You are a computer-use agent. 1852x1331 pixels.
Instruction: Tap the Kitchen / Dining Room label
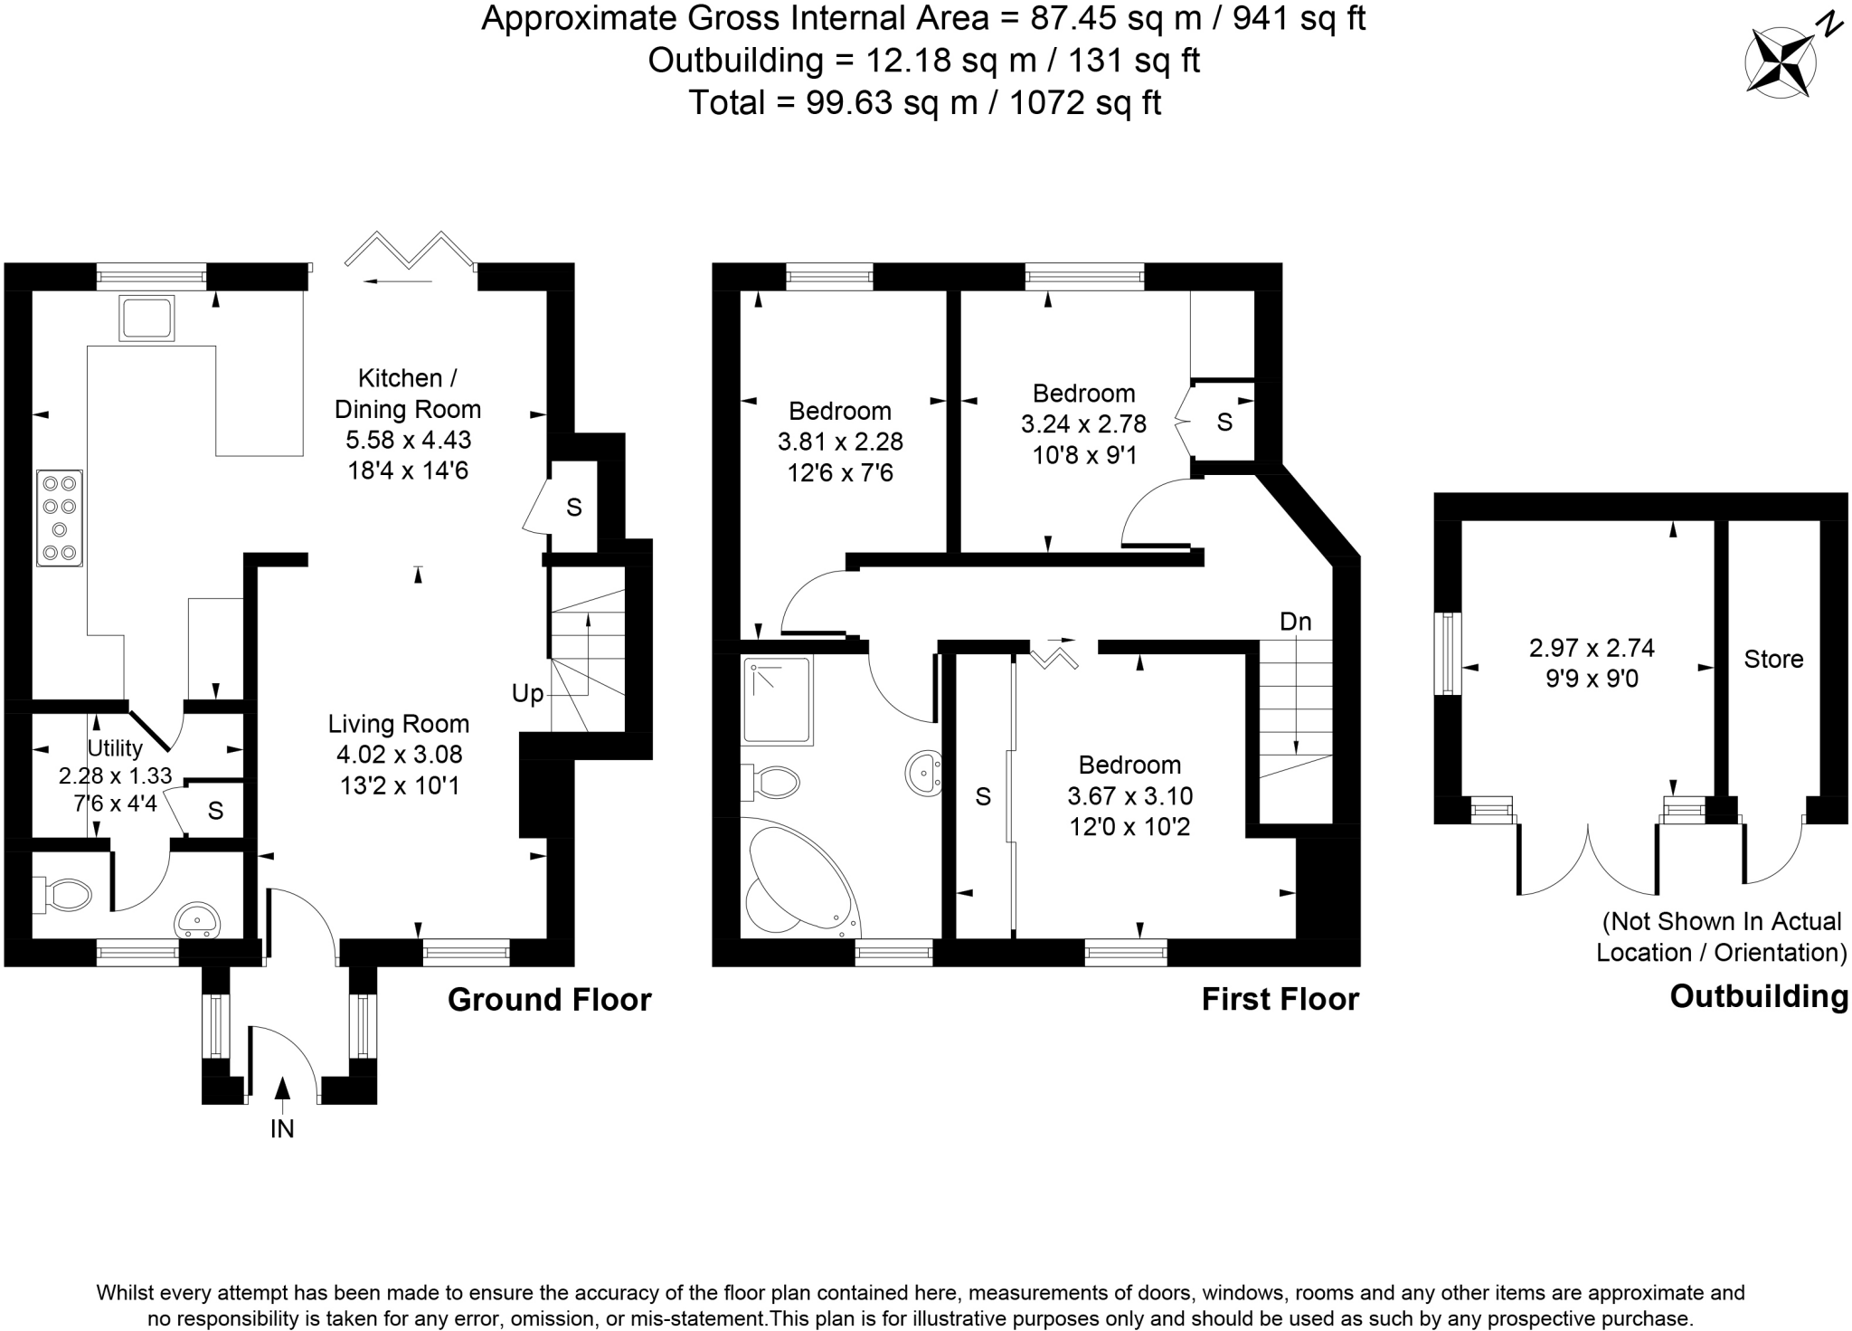click(407, 394)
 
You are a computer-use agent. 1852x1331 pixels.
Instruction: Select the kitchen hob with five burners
click(60, 518)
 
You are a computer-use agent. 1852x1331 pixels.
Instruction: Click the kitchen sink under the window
click(146, 318)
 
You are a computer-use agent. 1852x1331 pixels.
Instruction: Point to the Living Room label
click(399, 724)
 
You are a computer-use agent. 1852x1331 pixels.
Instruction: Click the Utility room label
click(115, 748)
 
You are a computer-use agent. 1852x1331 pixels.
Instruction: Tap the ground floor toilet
click(64, 894)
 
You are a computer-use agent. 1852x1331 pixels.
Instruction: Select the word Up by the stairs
click(527, 694)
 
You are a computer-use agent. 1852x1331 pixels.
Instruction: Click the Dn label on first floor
click(1295, 622)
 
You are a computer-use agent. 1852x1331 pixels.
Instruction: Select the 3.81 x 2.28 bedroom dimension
click(840, 442)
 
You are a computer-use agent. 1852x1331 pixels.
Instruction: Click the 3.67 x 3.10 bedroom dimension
click(1129, 796)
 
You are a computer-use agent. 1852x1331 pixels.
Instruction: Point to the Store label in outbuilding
click(1773, 660)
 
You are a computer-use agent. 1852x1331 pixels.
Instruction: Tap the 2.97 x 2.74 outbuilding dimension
click(1592, 648)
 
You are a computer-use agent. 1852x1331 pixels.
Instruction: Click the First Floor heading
click(1280, 999)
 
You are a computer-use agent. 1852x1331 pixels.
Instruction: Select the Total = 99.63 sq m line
click(924, 102)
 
